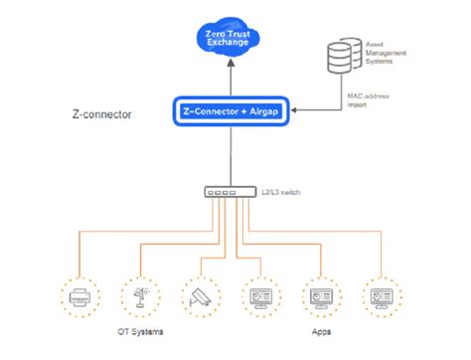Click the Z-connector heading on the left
pyautogui.click(x=103, y=114)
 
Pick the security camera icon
pyautogui.click(x=198, y=296)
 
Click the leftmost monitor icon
pyautogui.click(x=258, y=296)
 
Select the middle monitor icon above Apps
pyautogui.click(x=320, y=296)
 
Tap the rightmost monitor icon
pyautogui.click(x=382, y=296)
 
